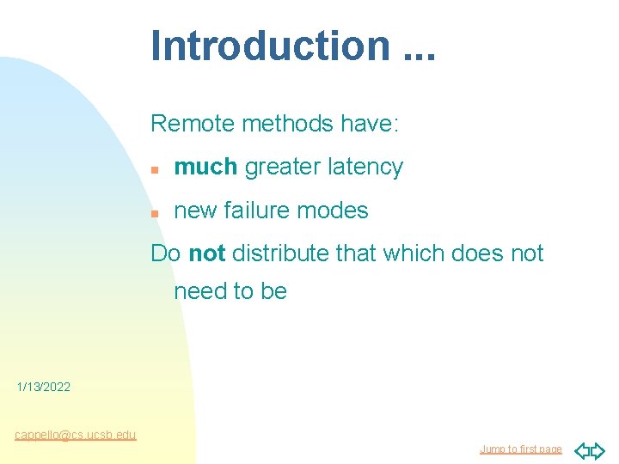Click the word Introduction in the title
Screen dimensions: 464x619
pos(270,46)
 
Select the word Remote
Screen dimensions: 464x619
pos(193,124)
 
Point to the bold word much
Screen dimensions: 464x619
pos(205,167)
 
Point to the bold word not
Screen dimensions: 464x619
pos(206,253)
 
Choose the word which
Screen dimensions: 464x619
pos(408,253)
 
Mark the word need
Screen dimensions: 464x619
pos(203,291)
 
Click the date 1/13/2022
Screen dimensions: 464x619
pos(44,388)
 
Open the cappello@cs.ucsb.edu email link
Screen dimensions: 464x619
pos(75,435)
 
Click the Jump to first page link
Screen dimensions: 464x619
pos(520,449)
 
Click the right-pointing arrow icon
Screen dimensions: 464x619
pos(598,450)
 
